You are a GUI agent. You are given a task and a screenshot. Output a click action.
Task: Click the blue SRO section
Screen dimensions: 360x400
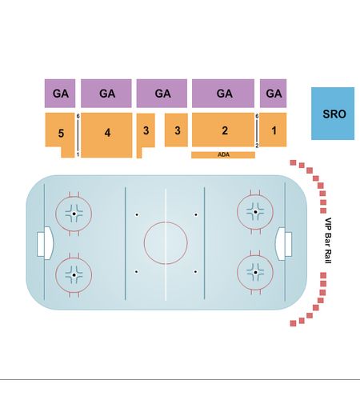pyautogui.click(x=333, y=114)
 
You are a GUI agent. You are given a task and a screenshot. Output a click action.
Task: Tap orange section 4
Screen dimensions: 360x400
pyautogui.click(x=106, y=135)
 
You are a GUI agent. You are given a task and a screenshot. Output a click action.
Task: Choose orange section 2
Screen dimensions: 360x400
pyautogui.click(x=223, y=130)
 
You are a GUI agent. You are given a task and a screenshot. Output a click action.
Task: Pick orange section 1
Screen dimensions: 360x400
pyautogui.click(x=273, y=130)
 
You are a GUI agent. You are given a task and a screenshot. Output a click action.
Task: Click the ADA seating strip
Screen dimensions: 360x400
pyautogui.click(x=223, y=155)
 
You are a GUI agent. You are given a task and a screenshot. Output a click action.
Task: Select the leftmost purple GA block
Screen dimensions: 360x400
pyautogui.click(x=60, y=94)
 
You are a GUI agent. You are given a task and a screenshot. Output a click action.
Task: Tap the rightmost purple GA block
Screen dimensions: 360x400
pyautogui.click(x=273, y=94)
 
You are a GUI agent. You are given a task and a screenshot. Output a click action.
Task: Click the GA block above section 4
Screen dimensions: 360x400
pyautogui.click(x=106, y=94)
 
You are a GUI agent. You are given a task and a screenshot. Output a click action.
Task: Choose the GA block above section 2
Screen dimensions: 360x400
pyautogui.click(x=223, y=94)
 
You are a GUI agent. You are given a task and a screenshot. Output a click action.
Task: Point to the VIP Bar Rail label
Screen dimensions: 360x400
pyautogui.click(x=328, y=241)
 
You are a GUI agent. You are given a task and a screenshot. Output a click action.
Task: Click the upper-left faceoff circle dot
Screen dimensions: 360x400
pyautogui.click(x=74, y=214)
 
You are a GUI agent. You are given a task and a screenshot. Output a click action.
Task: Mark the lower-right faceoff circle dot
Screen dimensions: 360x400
pyautogui.click(x=255, y=272)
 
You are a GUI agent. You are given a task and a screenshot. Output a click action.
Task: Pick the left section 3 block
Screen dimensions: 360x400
pyautogui.click(x=146, y=130)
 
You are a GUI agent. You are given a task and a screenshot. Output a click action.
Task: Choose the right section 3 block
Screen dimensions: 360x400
pyautogui.click(x=176, y=130)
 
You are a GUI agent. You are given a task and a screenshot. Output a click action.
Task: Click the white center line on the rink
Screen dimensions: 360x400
pyautogui.click(x=166, y=244)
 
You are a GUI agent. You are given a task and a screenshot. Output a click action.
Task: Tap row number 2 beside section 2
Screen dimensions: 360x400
pyautogui.click(x=257, y=146)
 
